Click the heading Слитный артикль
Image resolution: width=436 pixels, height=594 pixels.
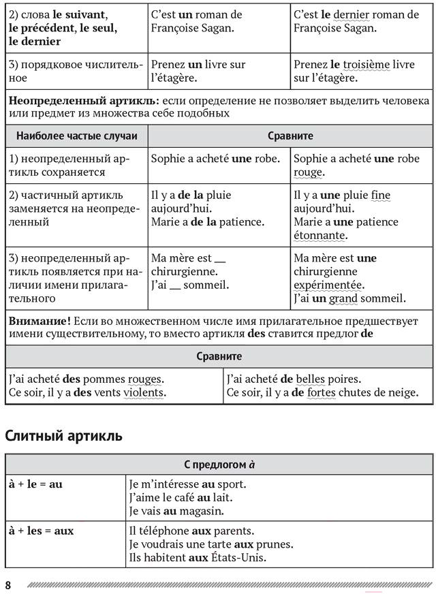64,436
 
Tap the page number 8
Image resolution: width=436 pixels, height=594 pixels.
8,585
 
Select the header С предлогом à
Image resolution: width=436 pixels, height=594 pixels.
219,465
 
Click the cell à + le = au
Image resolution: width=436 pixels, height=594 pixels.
35,484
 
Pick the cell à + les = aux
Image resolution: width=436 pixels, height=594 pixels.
41,530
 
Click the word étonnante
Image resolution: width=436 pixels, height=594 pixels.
320,236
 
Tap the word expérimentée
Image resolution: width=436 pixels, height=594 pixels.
328,285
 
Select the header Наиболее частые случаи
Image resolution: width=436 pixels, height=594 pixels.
76,136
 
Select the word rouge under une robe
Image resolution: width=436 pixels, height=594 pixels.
308,172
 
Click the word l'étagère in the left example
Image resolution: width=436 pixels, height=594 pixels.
173,78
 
